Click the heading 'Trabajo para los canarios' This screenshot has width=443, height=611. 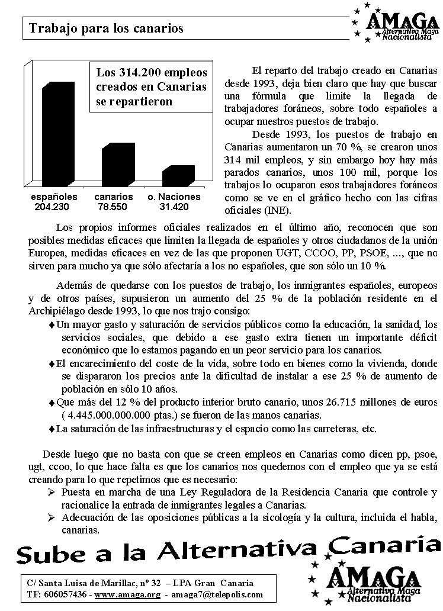click(x=107, y=28)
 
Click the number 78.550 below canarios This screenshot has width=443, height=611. click(x=113, y=207)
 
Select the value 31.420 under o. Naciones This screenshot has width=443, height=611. click(x=174, y=207)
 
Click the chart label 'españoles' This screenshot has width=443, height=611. click(x=54, y=197)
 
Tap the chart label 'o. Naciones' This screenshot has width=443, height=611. click(x=174, y=197)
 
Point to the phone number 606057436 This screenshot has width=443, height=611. click(x=66, y=594)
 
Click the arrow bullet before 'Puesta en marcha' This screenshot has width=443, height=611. click(x=52, y=493)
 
